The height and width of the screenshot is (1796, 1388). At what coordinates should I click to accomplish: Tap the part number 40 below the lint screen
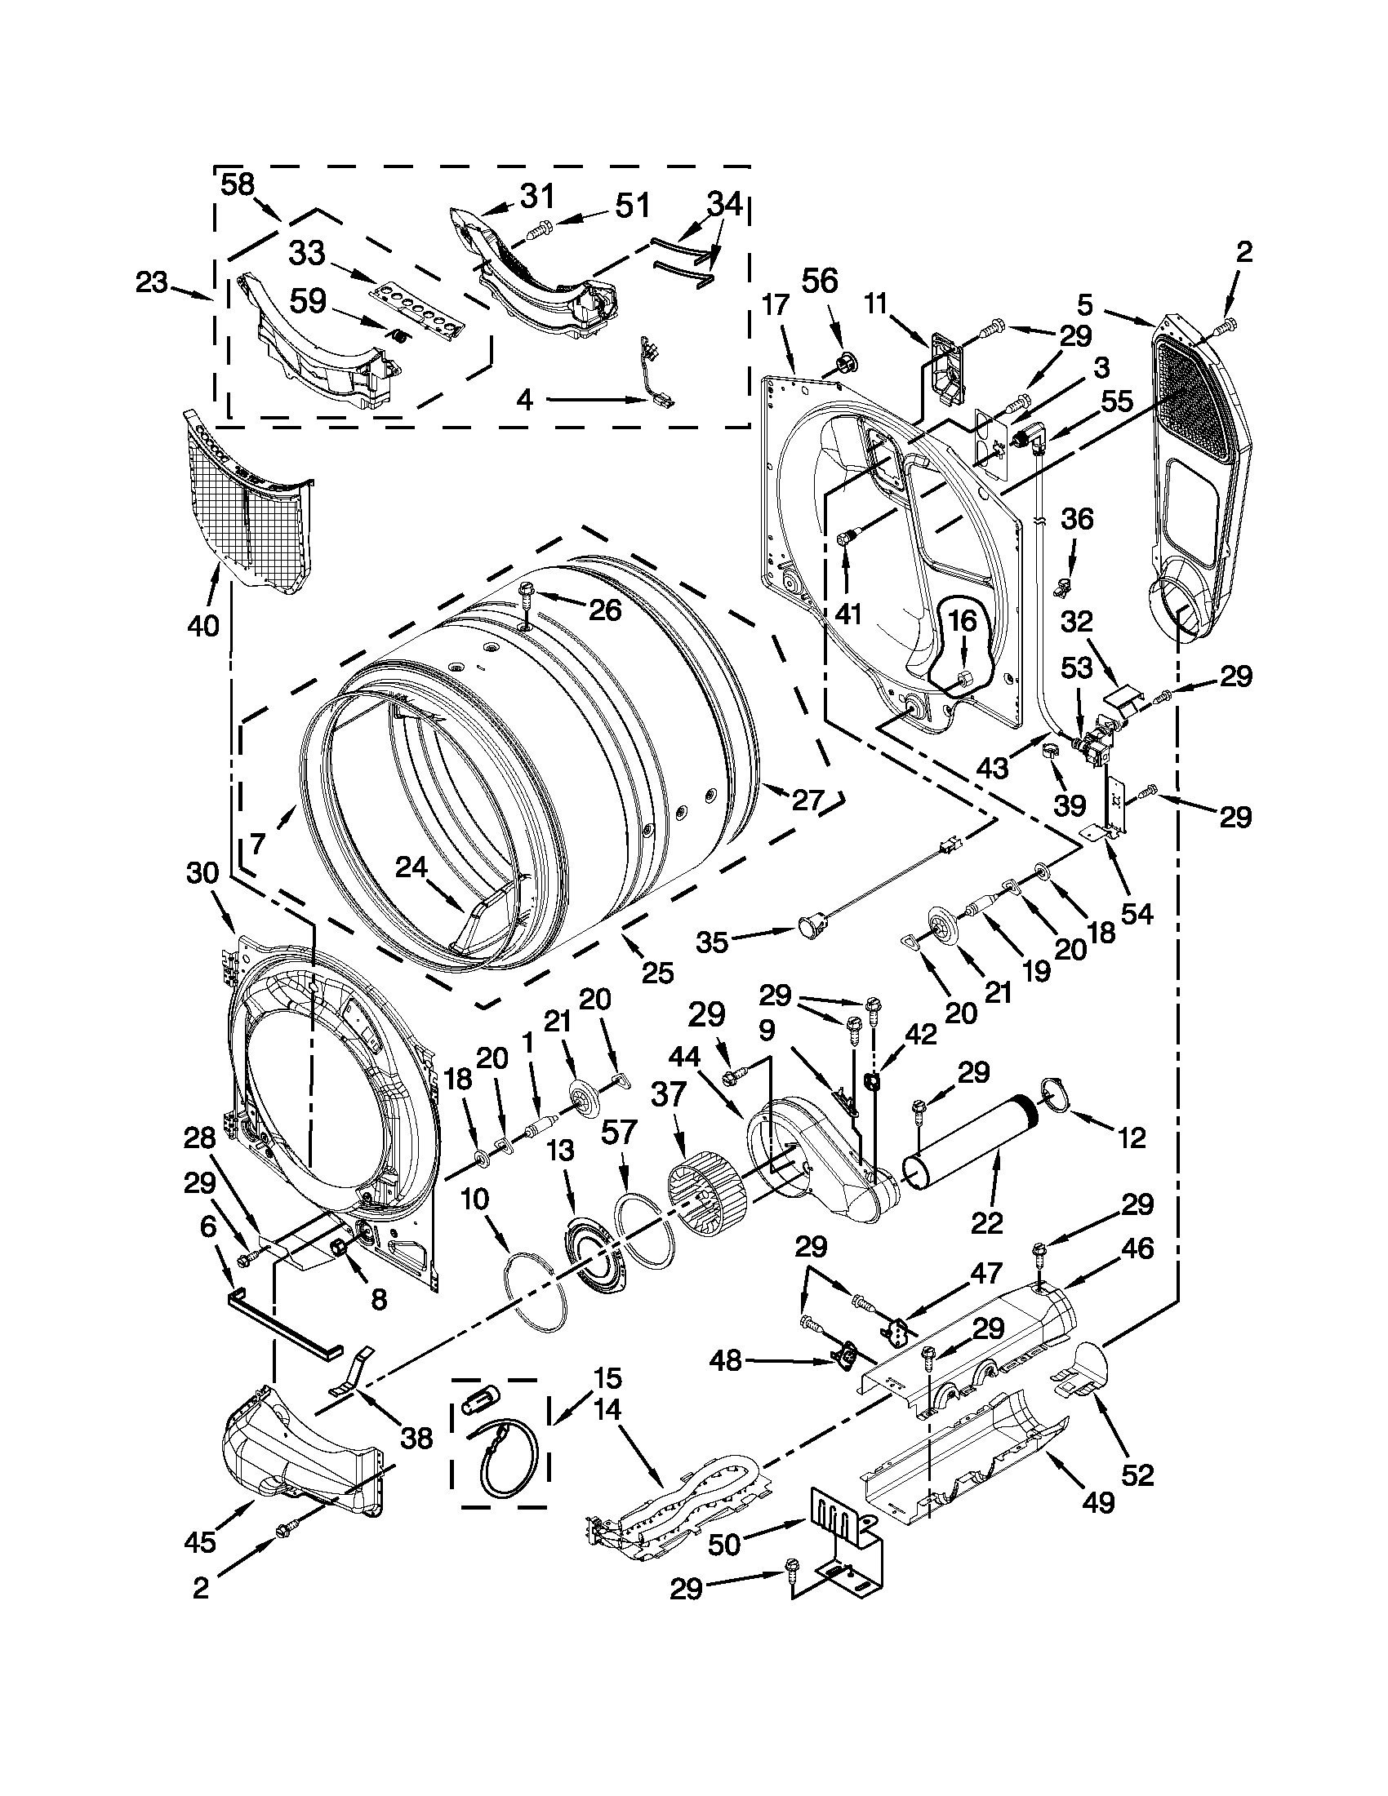[x=203, y=626]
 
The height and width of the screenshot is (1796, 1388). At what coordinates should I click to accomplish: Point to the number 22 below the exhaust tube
[x=986, y=1224]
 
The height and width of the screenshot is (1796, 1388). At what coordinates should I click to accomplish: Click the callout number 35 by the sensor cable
[x=712, y=942]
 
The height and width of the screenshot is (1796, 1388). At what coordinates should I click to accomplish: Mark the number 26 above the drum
[x=605, y=610]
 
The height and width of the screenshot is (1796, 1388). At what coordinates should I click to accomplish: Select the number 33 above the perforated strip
[x=307, y=253]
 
